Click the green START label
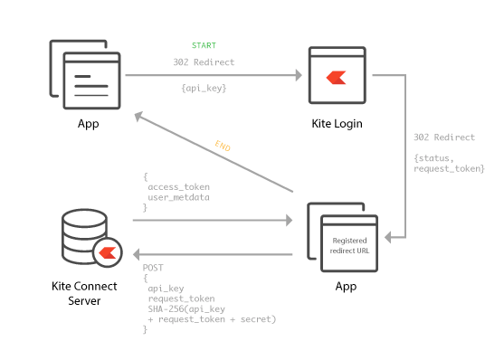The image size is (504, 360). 204,44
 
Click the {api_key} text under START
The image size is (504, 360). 204,89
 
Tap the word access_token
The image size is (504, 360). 177,187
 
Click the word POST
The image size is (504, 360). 153,269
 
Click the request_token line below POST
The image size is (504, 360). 181,298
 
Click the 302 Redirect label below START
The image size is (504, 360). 204,63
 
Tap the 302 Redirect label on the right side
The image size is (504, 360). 443,137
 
